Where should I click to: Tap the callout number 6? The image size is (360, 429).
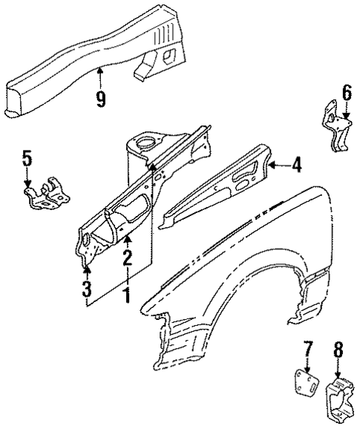point(346,93)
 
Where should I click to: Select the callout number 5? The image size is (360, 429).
point(27,158)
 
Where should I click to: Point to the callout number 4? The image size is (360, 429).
point(296,166)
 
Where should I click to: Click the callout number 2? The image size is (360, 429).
point(127,258)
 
